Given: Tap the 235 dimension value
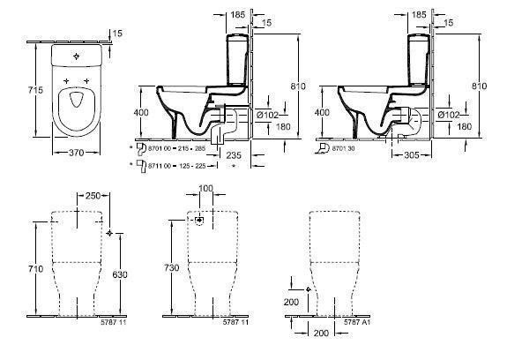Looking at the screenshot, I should (x=233, y=154).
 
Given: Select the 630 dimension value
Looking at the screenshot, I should (x=121, y=274).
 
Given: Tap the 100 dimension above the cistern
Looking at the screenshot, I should (x=205, y=189).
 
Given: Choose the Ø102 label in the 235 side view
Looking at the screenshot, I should (x=268, y=115).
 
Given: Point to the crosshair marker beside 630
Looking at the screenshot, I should (x=108, y=233).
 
